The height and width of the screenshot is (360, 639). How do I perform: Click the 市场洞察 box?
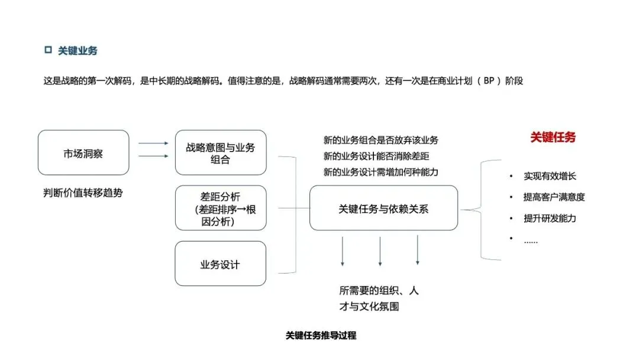(x=83, y=153)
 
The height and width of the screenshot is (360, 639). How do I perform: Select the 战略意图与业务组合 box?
(x=221, y=153)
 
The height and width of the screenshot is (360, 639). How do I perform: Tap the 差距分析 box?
(x=221, y=208)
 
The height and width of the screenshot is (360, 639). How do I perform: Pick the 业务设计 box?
(x=221, y=263)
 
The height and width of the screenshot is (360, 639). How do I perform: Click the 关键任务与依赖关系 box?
(x=383, y=208)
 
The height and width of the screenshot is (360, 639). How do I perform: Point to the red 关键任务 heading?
(x=553, y=137)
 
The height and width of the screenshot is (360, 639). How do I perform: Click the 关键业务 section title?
(x=78, y=50)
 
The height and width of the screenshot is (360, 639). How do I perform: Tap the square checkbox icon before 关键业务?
(x=48, y=50)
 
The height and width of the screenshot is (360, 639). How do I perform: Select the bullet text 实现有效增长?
(x=550, y=176)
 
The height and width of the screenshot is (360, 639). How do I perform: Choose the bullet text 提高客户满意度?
(x=554, y=197)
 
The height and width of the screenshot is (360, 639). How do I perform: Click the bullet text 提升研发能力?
(x=550, y=218)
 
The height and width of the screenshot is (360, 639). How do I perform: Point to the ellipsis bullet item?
(x=531, y=242)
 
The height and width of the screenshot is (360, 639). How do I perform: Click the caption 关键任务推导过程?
(x=321, y=336)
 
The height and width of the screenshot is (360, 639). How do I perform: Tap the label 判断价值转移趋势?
(x=83, y=193)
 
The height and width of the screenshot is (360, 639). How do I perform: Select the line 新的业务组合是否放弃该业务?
(x=380, y=140)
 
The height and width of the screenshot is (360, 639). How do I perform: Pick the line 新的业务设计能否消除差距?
(x=376, y=156)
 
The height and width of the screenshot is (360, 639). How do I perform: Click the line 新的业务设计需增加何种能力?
(x=380, y=172)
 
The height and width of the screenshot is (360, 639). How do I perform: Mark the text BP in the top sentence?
(x=489, y=81)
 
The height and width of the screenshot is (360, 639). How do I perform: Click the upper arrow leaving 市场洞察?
(x=153, y=143)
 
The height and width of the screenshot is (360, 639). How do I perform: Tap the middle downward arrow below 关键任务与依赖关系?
(x=380, y=251)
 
